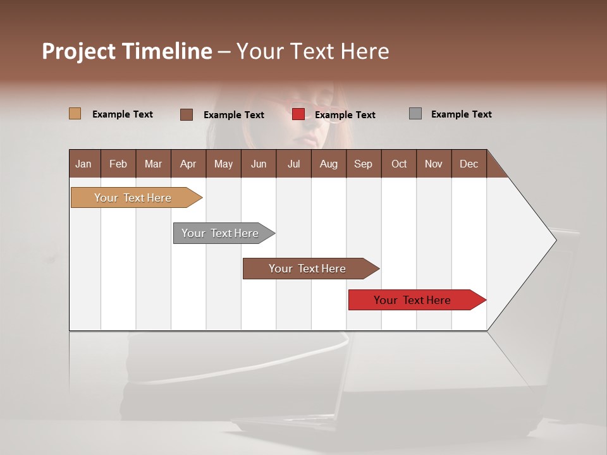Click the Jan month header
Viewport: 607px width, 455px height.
pos(84,164)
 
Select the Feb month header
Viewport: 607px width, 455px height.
pos(118,164)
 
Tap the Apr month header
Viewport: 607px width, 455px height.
pos(188,164)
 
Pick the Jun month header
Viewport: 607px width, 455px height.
pos(259,164)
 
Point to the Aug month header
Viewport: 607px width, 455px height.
pos(328,164)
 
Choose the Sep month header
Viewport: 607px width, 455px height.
pos(363,164)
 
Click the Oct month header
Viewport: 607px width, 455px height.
pos(399,164)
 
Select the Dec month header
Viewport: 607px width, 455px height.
pos(469,164)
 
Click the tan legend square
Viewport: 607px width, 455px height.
pos(75,114)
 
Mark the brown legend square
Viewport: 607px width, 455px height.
pos(186,114)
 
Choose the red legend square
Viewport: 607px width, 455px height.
pos(298,114)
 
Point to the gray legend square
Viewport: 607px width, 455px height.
pos(415,114)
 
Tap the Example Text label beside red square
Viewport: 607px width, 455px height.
pos(345,114)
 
